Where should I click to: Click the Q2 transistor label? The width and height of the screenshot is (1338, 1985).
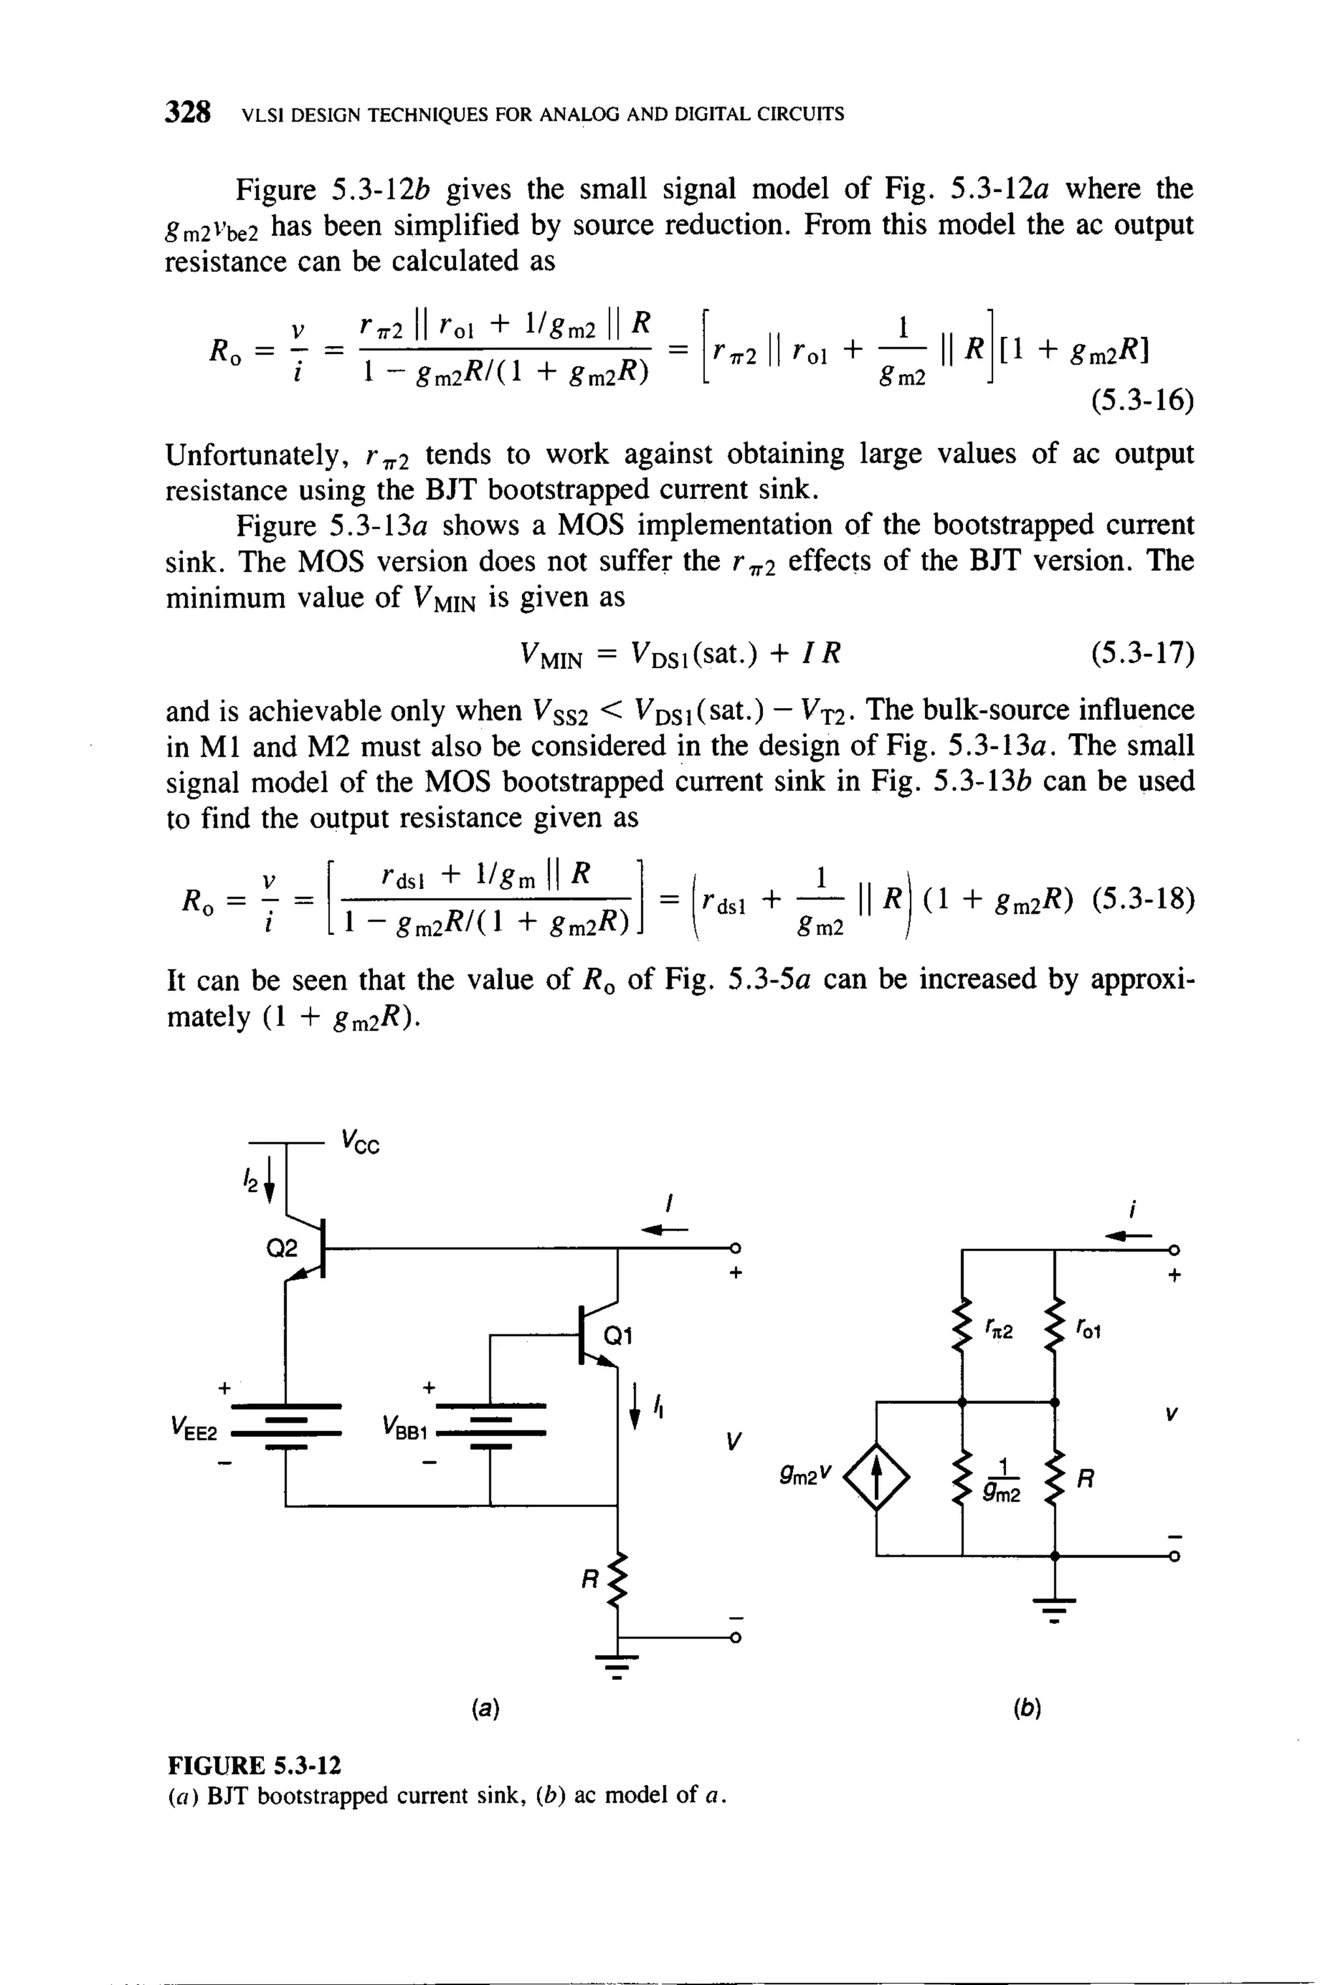tap(282, 1249)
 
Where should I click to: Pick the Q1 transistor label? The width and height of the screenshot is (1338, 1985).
tap(618, 1335)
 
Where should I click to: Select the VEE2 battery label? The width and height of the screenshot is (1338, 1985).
tap(195, 1427)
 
